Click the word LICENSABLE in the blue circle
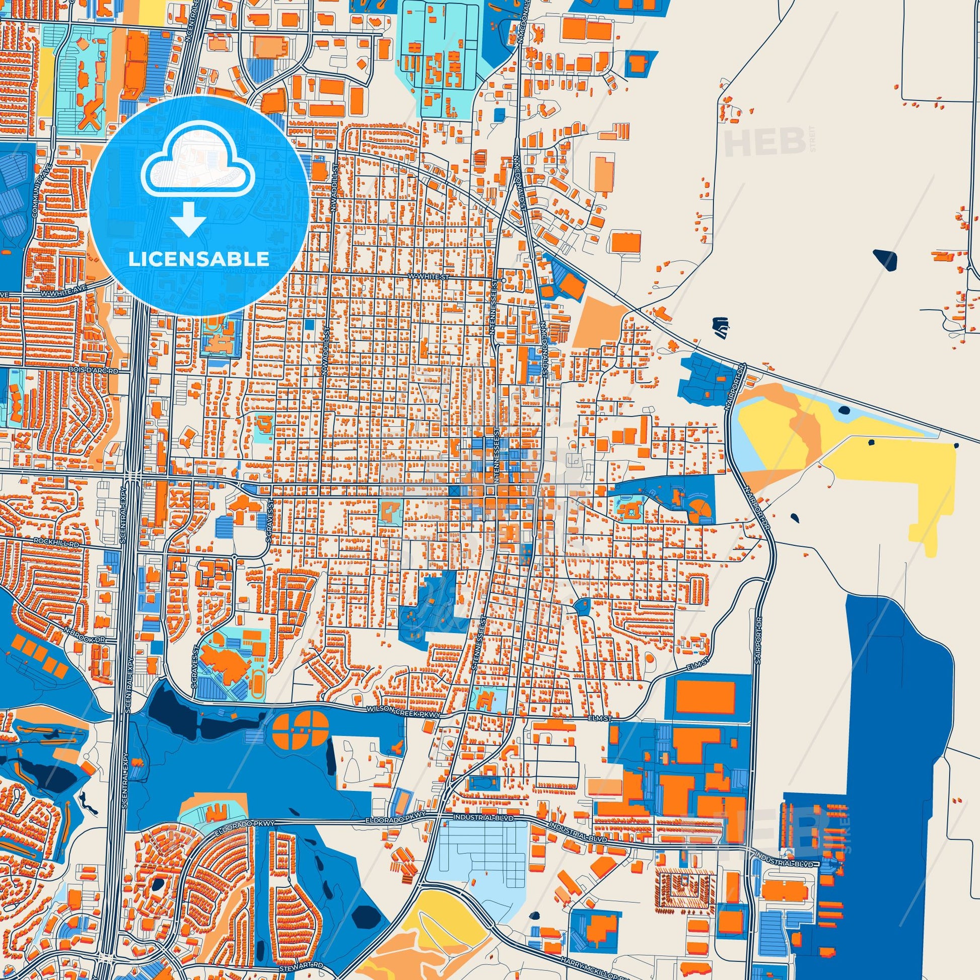point(198,259)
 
